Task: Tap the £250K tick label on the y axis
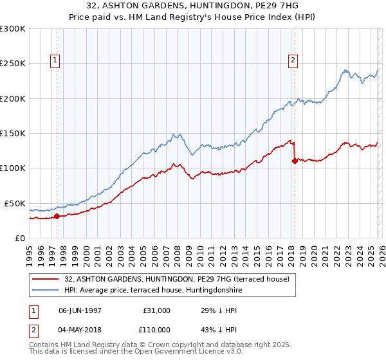pos(12,64)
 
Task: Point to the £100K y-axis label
pos(12,168)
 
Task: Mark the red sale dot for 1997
pos(57,216)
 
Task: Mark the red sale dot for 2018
pos(294,161)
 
